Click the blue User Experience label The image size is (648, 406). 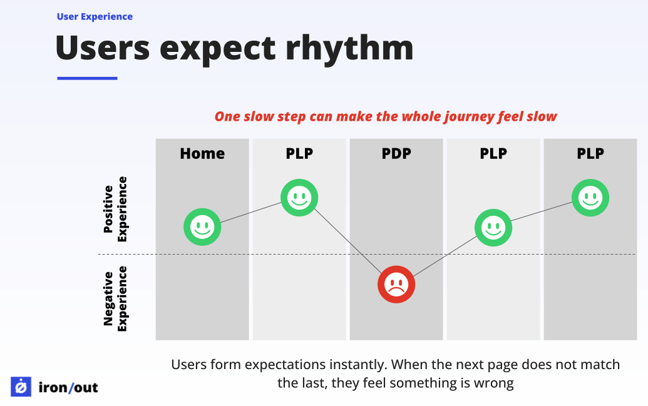95,17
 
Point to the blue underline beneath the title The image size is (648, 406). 87,78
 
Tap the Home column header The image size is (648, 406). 202,153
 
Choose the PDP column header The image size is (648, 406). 396,153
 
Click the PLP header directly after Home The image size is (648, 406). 299,153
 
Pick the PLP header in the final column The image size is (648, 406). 590,153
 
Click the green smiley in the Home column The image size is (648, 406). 202,226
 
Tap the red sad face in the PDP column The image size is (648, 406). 396,285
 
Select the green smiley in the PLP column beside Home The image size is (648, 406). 299,198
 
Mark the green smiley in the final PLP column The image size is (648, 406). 590,198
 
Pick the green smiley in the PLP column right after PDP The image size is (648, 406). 493,226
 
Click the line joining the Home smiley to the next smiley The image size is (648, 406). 250,212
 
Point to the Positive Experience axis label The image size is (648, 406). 115,209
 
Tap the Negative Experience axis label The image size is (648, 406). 115,298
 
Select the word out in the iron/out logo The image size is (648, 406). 86,388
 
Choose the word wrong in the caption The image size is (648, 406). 496,383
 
